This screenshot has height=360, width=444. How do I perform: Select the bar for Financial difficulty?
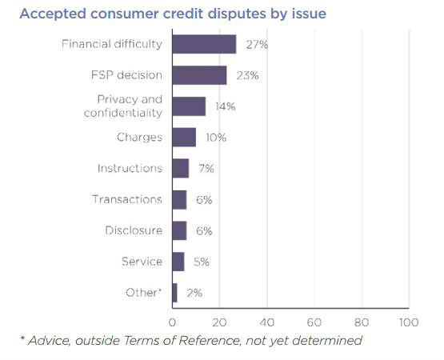204,44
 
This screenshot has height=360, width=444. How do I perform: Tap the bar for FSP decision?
199,75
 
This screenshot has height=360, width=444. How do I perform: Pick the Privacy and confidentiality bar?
189,106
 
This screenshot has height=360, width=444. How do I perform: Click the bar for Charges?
184,137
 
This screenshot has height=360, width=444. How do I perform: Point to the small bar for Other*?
174,293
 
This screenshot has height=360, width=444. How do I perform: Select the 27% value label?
257,45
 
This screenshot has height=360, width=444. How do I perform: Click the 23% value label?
247,75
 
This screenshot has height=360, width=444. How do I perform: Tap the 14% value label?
226,106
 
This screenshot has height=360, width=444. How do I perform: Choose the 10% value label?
216,138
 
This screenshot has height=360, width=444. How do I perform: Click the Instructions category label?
130,169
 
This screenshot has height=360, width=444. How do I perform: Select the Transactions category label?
127,200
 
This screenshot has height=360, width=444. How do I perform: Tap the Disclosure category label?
134,231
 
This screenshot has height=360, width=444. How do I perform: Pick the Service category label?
142,262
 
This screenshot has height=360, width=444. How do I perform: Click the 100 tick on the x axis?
408,322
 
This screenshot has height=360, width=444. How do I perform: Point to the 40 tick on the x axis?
266,322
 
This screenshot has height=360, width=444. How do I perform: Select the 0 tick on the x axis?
172,322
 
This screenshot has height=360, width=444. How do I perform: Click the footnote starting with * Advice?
191,341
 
